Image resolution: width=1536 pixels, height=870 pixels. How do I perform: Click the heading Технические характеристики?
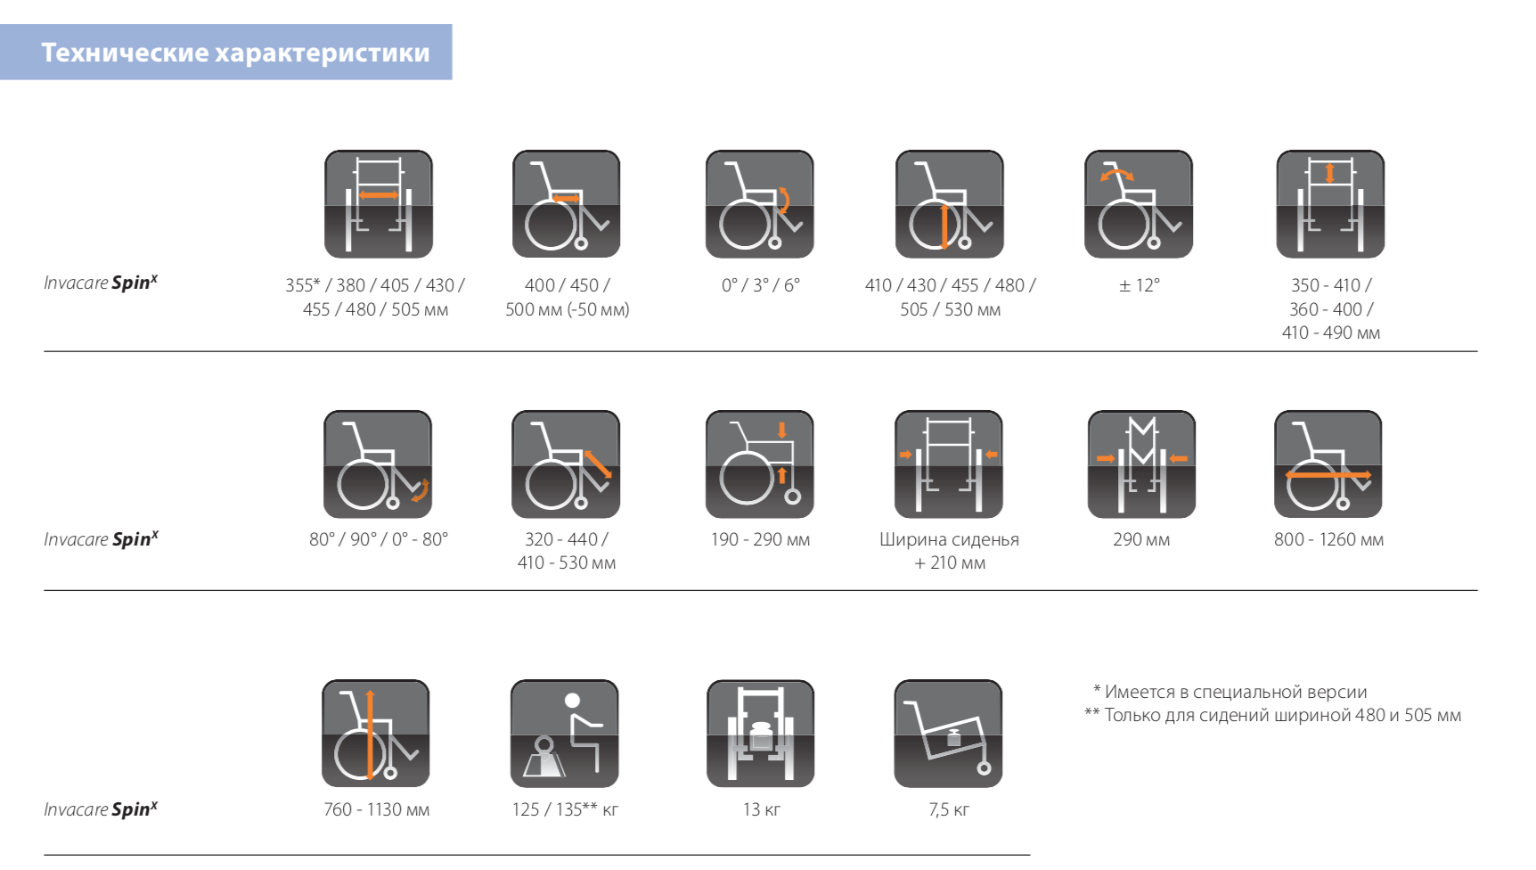[x=235, y=53]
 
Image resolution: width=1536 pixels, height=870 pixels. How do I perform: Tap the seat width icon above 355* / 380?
[x=379, y=204]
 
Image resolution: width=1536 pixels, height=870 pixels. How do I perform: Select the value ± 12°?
[x=1140, y=285]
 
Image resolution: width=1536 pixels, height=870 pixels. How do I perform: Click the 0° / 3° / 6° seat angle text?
[x=761, y=285]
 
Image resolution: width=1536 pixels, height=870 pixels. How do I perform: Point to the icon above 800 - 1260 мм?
[x=1328, y=464]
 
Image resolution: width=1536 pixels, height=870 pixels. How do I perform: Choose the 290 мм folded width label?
[x=1141, y=539]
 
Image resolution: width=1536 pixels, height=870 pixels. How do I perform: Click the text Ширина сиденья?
[x=949, y=539]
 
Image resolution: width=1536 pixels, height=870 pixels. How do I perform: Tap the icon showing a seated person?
[x=565, y=734]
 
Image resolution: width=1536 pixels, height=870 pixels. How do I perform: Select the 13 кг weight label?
[x=762, y=809]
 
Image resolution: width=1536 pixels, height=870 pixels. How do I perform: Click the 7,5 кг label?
[x=949, y=809]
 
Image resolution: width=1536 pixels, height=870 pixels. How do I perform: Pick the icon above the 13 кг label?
[x=761, y=734]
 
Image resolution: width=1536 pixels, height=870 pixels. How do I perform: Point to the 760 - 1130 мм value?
[x=377, y=809]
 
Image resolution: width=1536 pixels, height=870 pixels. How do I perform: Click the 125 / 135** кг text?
[x=565, y=809]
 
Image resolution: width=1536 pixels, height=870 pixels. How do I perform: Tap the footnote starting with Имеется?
[x=1230, y=692]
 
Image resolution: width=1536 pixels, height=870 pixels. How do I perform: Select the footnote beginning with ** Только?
[x=1273, y=715]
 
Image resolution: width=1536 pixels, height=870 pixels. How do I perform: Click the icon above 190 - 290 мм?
[x=760, y=464]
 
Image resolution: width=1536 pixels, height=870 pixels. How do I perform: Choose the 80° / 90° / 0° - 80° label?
[x=379, y=539]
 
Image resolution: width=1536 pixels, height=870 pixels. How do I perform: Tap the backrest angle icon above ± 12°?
[x=1139, y=204]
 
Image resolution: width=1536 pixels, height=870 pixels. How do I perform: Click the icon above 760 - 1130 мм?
[x=376, y=734]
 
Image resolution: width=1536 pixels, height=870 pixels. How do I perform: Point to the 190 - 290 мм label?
[x=761, y=539]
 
